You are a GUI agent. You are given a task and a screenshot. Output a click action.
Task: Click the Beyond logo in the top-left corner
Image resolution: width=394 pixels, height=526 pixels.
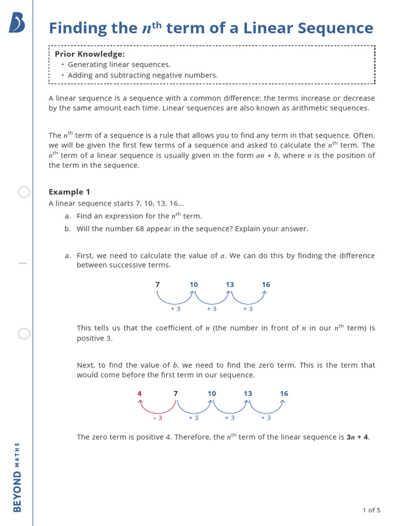pyautogui.click(x=16, y=23)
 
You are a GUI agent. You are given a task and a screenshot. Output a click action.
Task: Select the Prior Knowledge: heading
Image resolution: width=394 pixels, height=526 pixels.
pyautogui.click(x=90, y=54)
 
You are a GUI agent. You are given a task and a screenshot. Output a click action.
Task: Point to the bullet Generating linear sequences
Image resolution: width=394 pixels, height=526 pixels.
pyautogui.click(x=119, y=65)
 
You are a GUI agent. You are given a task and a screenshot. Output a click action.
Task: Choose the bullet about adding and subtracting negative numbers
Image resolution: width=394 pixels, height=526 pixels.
pyautogui.click(x=143, y=76)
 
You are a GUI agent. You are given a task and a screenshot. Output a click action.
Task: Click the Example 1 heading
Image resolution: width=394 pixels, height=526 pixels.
pyautogui.click(x=69, y=192)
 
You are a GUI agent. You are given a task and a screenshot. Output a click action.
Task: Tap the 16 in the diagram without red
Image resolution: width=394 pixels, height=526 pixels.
pyautogui.click(x=266, y=285)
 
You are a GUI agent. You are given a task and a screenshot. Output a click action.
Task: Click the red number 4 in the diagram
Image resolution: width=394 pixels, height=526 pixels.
pyautogui.click(x=139, y=393)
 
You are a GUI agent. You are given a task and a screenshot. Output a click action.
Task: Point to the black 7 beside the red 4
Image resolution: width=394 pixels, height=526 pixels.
pyautogui.click(x=175, y=393)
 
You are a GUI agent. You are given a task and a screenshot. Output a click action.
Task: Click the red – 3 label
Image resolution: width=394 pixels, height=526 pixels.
pyautogui.click(x=157, y=418)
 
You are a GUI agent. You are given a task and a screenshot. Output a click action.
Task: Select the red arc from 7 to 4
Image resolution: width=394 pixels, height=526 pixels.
pyautogui.click(x=157, y=409)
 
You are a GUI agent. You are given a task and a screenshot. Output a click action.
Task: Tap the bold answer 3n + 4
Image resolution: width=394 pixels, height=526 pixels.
pyautogui.click(x=358, y=437)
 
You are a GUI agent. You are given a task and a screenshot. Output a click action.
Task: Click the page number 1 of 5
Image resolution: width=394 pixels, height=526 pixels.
pyautogui.click(x=371, y=510)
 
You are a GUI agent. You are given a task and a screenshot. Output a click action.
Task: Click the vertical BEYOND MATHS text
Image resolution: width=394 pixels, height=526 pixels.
pyautogui.click(x=17, y=477)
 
